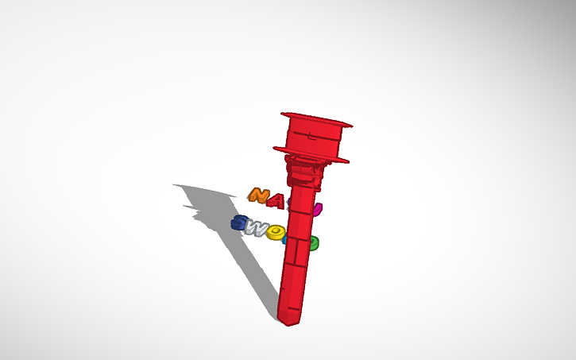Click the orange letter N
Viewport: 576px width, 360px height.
(x=257, y=195)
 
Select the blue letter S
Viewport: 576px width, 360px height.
(x=238, y=223)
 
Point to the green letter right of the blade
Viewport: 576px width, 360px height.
(x=314, y=242)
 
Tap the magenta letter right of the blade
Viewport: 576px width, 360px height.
(x=317, y=210)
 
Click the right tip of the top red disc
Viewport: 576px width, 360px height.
(x=350, y=125)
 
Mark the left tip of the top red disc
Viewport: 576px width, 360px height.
(x=282, y=114)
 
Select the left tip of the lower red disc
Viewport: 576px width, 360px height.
(x=275, y=147)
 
